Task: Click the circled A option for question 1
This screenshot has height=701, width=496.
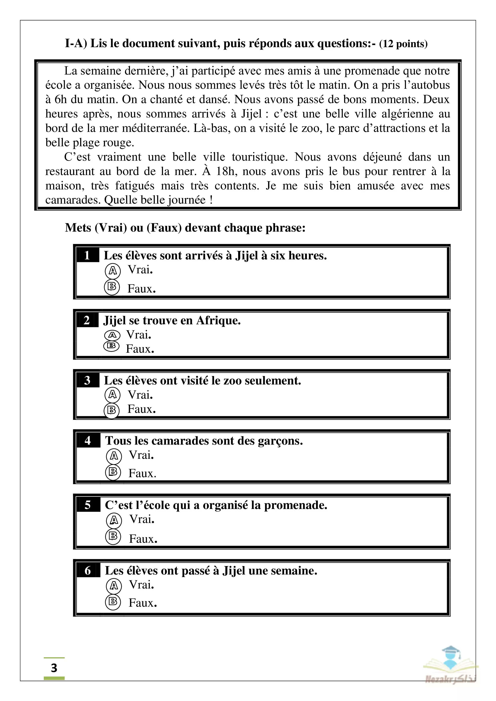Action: point(113,271)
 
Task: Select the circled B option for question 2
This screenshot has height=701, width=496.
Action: point(112,346)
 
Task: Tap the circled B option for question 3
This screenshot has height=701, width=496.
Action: point(112,410)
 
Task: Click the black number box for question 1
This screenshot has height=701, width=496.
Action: point(87,255)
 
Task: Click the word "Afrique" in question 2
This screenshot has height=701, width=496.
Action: point(218,321)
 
